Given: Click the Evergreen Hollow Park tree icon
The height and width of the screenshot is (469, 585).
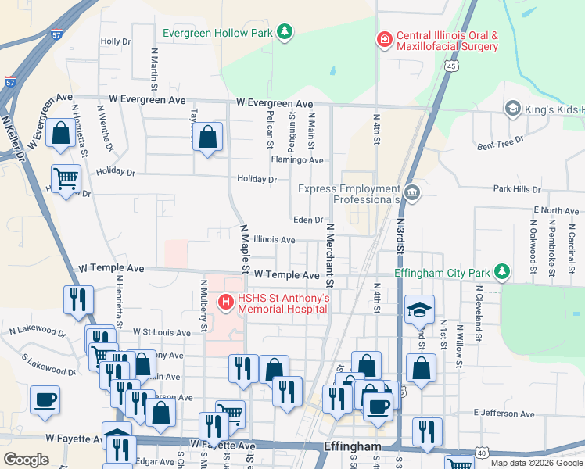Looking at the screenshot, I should (287, 32).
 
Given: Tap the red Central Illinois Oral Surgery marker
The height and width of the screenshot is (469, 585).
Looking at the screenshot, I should (384, 39).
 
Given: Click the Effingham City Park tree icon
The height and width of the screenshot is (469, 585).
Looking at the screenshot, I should (502, 273).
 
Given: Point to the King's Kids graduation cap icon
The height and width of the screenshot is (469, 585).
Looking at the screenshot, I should (513, 108).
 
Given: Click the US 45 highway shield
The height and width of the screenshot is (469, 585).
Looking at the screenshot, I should (451, 66).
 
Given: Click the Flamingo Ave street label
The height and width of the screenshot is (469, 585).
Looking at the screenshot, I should (297, 160).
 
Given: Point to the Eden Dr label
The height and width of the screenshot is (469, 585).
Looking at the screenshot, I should (308, 220).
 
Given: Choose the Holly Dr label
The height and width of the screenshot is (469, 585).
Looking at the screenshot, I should (115, 41).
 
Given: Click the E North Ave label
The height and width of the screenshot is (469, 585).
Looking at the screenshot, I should (556, 211).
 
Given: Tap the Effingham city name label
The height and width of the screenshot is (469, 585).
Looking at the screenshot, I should (352, 447).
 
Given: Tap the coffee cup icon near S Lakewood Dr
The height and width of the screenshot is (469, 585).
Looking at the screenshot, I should (45, 399).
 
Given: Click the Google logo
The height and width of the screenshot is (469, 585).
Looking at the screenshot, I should (26, 459).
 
